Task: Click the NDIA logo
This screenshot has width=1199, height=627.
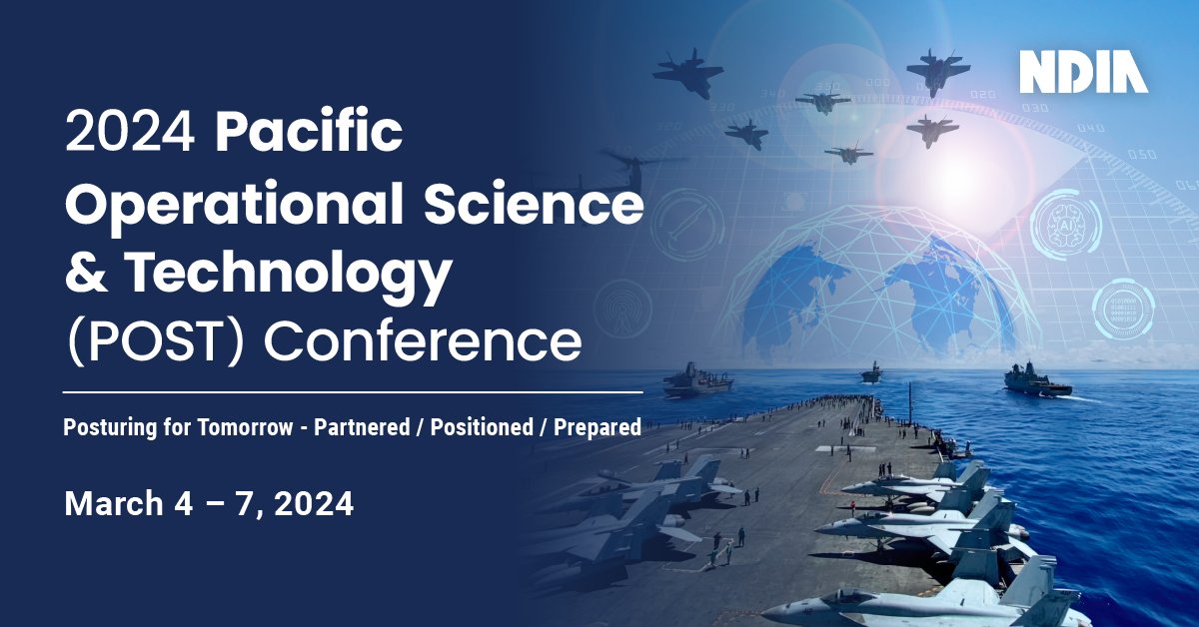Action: coord(1083,71)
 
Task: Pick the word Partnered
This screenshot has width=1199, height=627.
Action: coord(362,428)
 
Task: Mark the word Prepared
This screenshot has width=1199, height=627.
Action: coord(596,428)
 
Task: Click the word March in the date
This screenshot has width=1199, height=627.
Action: coord(113,504)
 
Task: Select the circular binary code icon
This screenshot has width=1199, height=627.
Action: coord(1118,306)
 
